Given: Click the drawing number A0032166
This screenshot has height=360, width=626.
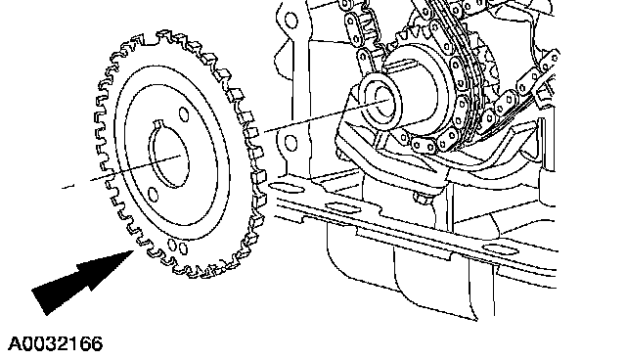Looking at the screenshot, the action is point(55,343).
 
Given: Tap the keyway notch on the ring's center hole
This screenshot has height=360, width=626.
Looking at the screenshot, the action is point(158,123).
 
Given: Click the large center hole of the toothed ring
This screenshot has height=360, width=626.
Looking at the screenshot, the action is point(168,154).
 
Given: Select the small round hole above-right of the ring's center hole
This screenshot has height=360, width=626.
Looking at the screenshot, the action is point(184,113).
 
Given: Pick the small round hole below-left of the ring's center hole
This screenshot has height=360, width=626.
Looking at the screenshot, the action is point(153,195).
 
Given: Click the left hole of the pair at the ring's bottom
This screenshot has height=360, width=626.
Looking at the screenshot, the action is point(172,245).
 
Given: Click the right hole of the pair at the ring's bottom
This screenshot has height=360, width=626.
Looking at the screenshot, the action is point(183,249).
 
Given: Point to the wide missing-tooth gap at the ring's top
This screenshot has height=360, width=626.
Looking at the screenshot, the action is point(150,39).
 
